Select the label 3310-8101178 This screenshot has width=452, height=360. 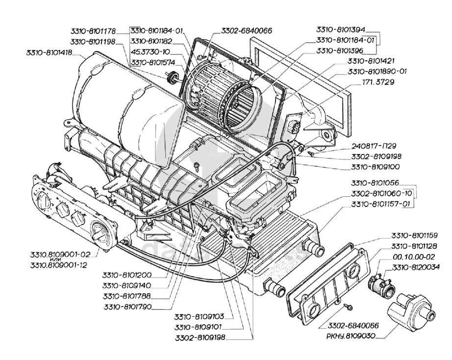tap(93, 31)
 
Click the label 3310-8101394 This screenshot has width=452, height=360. tap(340, 29)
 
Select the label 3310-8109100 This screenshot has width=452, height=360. tap(376, 165)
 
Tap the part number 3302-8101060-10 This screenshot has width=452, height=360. tap(381, 193)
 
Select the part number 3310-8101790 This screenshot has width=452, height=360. tap(126, 308)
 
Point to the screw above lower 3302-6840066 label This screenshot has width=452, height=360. tap(349, 307)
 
